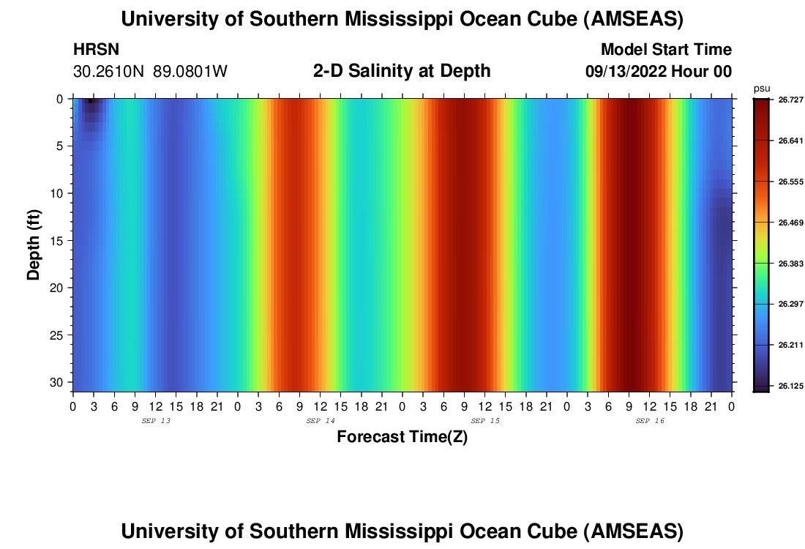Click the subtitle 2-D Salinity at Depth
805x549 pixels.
tap(401, 71)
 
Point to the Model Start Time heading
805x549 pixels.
tap(666, 50)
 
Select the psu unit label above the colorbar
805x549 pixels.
tap(761, 88)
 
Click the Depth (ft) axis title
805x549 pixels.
tap(34, 244)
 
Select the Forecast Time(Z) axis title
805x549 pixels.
tap(402, 437)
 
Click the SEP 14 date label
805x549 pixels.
tap(321, 421)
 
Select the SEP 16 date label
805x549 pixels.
tap(650, 421)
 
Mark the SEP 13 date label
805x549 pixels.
tap(155, 421)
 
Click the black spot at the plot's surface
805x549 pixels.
tap(90, 101)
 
